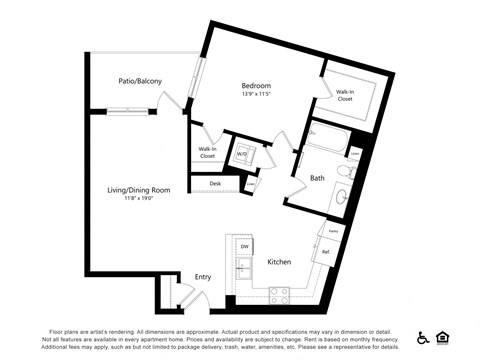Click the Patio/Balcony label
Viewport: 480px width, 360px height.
pos(140,80)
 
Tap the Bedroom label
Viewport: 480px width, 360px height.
pos(256,86)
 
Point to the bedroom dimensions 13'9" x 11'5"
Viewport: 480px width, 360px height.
pos(256,96)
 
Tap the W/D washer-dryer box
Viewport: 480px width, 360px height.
pos(243,154)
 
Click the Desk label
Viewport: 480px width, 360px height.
pos(215,184)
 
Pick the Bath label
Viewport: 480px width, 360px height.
pos(316,179)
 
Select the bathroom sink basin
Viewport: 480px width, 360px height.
pos(342,195)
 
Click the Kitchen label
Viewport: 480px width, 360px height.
pos(279,262)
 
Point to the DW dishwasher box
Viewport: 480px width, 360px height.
pos(243,246)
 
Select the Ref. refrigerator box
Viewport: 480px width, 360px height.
pos(327,252)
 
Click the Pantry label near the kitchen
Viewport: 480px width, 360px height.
pos(332,231)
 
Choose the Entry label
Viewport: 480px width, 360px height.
pos(203,277)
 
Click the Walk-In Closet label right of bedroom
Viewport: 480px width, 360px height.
pos(345,96)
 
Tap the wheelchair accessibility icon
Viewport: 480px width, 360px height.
pos(423,337)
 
